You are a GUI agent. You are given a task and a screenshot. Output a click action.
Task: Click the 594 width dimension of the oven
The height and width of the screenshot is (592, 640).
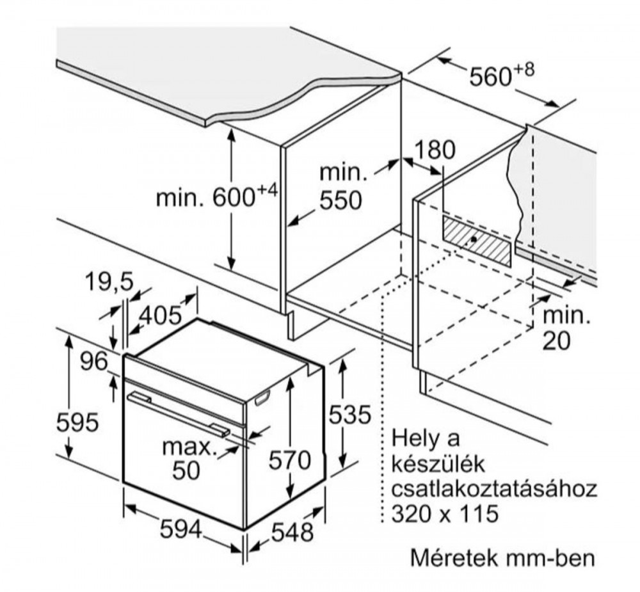181,530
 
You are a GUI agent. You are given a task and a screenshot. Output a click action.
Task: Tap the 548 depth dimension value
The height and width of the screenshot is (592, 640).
292,532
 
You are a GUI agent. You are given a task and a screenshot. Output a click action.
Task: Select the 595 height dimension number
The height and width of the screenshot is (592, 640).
77,422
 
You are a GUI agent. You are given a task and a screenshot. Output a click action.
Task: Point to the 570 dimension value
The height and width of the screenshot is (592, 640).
290,460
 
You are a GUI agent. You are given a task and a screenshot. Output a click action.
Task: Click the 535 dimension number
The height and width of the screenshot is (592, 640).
350,415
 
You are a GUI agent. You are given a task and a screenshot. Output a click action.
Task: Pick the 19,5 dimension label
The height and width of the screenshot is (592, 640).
109,282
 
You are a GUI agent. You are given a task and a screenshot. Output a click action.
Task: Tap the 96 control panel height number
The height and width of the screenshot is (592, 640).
94,362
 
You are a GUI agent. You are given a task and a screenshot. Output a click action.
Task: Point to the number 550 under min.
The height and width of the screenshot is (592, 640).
340,200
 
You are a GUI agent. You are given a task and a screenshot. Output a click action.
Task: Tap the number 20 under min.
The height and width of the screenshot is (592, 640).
556,341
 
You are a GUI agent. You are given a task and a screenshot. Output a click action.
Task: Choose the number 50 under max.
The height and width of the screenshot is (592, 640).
186,470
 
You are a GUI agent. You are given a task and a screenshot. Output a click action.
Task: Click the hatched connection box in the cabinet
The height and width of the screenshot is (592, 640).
476,241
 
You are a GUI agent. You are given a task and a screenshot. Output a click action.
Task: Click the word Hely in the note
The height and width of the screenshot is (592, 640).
415,438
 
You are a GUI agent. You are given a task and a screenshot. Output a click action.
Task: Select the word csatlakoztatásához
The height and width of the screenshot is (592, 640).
494,489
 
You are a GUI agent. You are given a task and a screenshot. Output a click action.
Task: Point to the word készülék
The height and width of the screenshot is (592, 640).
438,463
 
